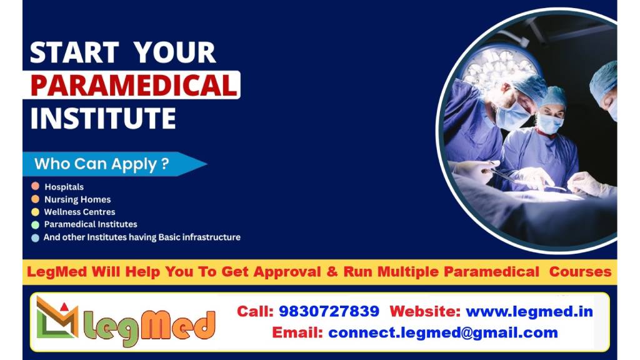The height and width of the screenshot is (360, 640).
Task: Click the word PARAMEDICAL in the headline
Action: pos(134,85)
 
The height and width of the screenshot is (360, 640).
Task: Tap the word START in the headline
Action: pos(74,52)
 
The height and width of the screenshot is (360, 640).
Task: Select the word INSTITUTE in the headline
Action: pos(103,118)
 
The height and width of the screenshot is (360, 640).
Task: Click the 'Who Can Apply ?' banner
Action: pos(115,164)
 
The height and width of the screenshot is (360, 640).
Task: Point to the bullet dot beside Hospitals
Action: pos(36,186)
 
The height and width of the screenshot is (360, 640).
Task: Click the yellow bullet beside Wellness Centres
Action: pos(36,212)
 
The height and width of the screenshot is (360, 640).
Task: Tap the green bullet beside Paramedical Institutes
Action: pos(36,224)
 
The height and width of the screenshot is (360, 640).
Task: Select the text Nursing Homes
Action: pos(77,199)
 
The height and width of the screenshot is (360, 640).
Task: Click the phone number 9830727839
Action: pos(329,311)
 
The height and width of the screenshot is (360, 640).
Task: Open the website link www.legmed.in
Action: pos(529,311)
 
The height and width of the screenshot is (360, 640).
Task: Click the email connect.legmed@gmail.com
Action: pos(443,332)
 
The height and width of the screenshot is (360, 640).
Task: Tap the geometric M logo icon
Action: pos(57,317)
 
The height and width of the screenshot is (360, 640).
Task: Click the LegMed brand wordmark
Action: pos(149,327)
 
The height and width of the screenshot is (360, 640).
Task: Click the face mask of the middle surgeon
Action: pos(549,124)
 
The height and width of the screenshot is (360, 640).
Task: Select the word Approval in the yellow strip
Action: pos(287,272)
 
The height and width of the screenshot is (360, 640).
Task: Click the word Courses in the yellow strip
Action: pos(580,271)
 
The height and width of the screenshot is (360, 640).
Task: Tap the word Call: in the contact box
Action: pos(255,311)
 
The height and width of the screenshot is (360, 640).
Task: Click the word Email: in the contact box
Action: pos(297,332)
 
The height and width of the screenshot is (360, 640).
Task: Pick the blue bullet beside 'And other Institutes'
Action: pos(36,237)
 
